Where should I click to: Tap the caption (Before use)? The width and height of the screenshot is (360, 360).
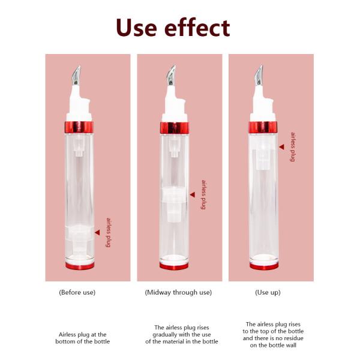pyautogui.click(x=77, y=293)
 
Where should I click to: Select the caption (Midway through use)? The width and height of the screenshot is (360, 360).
pyautogui.click(x=178, y=293)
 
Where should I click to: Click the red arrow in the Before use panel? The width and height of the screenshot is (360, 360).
pyautogui.click(x=97, y=232)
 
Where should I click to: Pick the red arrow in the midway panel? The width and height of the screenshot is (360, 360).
pyautogui.click(x=193, y=194)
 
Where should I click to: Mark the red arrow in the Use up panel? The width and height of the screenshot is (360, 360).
pyautogui.click(x=281, y=146)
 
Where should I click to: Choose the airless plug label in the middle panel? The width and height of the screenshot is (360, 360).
pyautogui.click(x=204, y=194)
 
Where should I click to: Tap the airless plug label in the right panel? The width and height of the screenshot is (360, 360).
pyautogui.click(x=293, y=147)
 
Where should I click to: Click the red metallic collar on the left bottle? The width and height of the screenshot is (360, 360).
pyautogui.click(x=80, y=127)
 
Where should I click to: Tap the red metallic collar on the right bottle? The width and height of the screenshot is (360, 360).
pyautogui.click(x=264, y=127)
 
